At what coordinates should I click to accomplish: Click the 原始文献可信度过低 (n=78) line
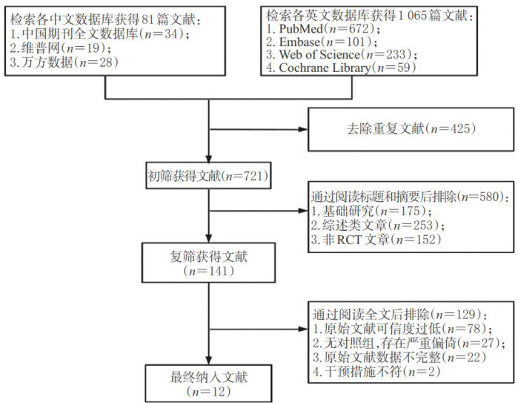click(383, 324)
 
